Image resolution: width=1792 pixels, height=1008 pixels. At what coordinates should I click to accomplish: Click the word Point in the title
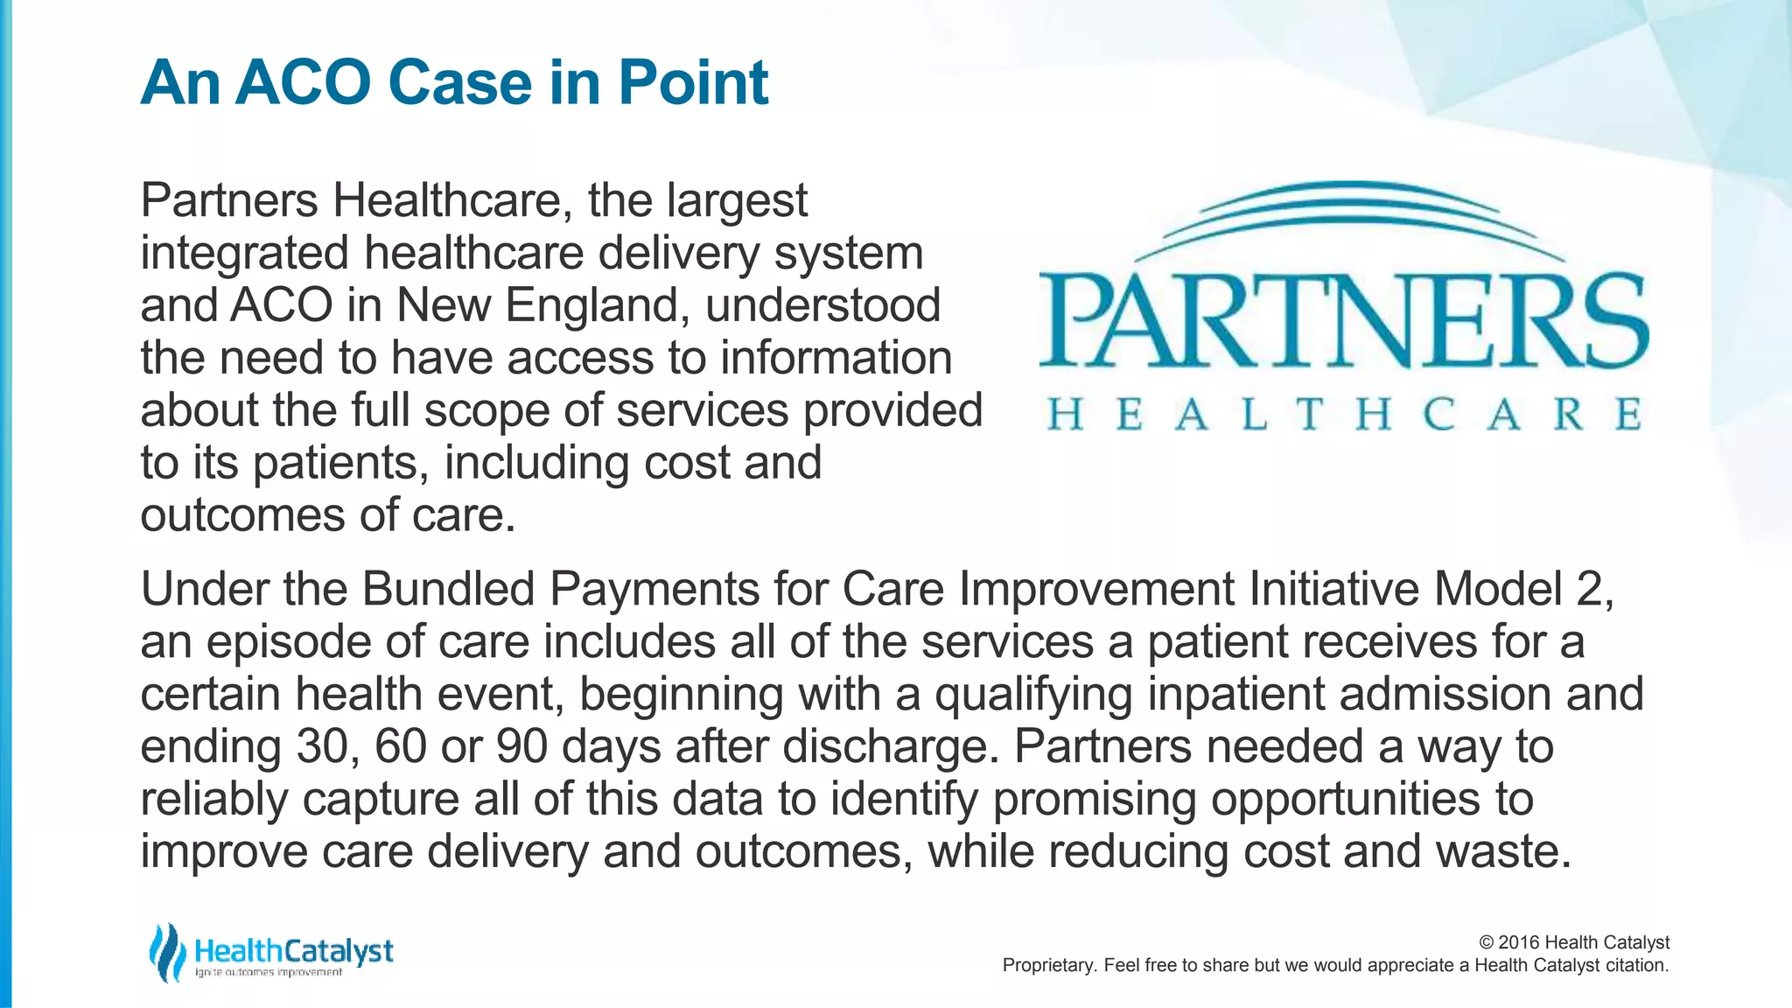(x=693, y=83)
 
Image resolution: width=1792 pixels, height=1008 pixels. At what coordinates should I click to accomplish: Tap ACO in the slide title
(x=304, y=83)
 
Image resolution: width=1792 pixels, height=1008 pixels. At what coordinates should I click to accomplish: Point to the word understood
(x=822, y=306)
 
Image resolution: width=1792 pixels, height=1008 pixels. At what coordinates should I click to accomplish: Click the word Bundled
(x=448, y=589)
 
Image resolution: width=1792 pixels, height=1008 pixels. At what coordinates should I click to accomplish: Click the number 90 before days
(x=521, y=746)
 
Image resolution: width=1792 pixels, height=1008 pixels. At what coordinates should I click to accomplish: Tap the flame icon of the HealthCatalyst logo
(x=166, y=952)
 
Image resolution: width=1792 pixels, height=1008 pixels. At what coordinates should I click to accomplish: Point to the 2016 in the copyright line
(x=1519, y=942)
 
